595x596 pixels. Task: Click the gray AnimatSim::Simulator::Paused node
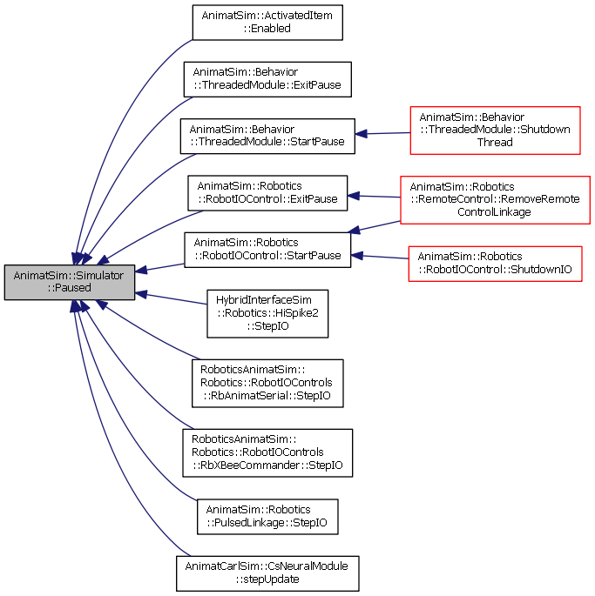(70, 282)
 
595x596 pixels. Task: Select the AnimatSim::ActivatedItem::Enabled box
(267, 23)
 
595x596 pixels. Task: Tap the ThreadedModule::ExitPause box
(267, 79)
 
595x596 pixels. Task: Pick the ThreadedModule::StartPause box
(267, 136)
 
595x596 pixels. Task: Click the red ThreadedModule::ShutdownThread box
(495, 131)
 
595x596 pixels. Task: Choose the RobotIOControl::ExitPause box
(267, 192)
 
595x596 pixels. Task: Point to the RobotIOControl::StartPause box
(267, 250)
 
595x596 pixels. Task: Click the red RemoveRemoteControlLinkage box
(495, 200)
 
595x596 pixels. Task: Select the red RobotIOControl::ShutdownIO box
(495, 264)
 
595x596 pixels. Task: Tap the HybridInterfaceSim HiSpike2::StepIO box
(267, 313)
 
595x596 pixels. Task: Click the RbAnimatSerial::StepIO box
(267, 383)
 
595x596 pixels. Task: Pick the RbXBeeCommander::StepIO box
(267, 452)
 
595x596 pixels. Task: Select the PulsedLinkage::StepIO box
(267, 517)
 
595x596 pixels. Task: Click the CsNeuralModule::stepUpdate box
(267, 573)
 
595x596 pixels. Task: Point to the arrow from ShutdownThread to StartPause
(382, 133)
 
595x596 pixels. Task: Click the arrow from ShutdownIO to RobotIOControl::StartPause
(380, 257)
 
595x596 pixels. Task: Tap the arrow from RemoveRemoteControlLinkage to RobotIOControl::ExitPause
(374, 196)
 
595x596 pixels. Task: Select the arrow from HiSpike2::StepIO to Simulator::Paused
(171, 298)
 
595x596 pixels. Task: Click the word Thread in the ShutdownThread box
(495, 142)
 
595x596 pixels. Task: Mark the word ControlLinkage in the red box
(494, 211)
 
